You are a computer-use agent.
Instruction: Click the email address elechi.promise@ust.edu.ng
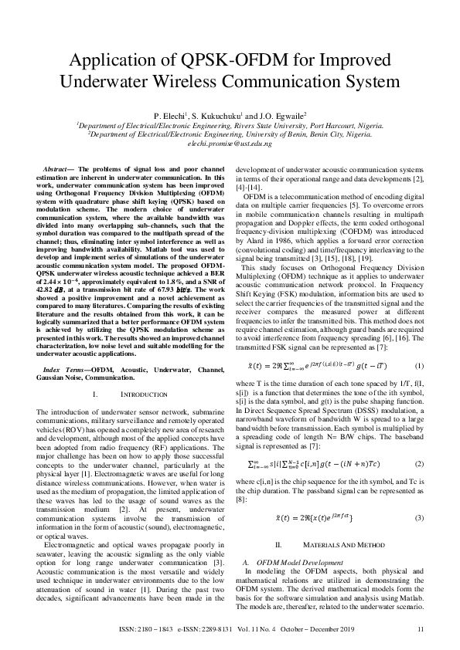click(230, 144)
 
